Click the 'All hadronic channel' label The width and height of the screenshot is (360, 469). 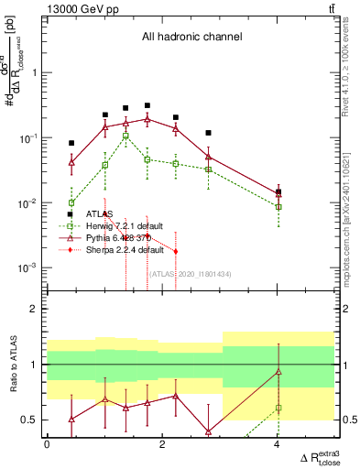pos(191,38)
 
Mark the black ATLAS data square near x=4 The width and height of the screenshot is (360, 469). pos(278,191)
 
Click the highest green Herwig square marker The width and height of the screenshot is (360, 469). pos(125,136)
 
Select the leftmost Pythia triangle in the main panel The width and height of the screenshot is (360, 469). pos(71,161)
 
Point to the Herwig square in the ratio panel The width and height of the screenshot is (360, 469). pos(278,408)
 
